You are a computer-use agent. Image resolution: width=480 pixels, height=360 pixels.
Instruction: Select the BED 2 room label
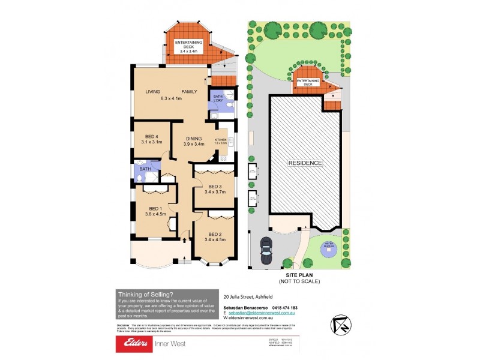215,234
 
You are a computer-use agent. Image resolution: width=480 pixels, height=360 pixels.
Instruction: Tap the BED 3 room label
215,186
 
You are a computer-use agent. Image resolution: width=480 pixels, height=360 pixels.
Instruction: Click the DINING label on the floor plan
194,137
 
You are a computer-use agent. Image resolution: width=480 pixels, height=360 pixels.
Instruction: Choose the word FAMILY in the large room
190,92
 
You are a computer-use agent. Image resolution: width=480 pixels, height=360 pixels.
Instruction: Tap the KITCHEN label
221,139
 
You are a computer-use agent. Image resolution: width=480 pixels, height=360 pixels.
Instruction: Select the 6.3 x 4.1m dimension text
172,99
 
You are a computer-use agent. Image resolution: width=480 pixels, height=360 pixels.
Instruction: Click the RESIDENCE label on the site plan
305,163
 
